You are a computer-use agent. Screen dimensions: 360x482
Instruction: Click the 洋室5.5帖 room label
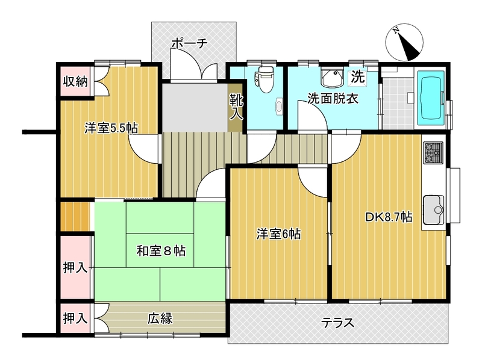(x=111, y=128)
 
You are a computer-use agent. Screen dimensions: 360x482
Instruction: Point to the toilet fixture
(x=263, y=79)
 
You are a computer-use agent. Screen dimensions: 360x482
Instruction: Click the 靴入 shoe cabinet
(x=235, y=108)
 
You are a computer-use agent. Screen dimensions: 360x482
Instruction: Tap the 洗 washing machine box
(x=358, y=77)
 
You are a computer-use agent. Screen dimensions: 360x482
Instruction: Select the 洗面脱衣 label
(x=333, y=98)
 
